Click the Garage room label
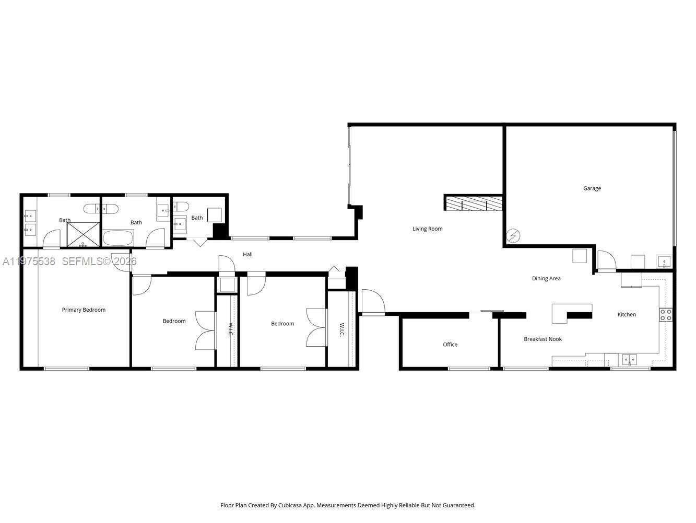click(x=592, y=188)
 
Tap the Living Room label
click(x=427, y=229)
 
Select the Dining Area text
click(x=546, y=278)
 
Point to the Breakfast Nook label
click(x=542, y=339)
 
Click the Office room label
click(x=450, y=344)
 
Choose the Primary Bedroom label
click(x=84, y=310)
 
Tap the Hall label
click(x=247, y=254)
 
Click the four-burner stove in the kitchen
click(x=666, y=314)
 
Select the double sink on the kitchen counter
click(x=629, y=359)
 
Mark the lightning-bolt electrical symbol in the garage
click(x=513, y=236)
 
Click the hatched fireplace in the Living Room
click(x=474, y=203)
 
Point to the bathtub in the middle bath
click(x=119, y=238)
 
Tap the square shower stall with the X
click(x=84, y=235)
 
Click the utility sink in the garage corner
click(x=664, y=261)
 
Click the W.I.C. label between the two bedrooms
click(x=229, y=329)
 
